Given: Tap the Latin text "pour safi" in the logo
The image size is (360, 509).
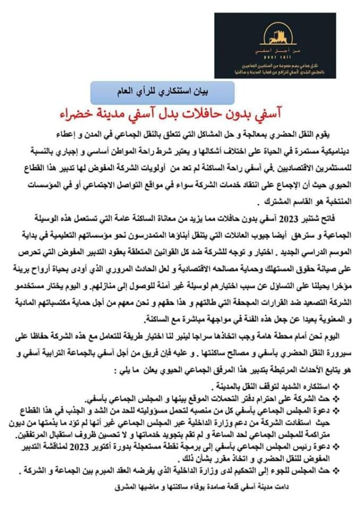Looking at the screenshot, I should click(x=275, y=57).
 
